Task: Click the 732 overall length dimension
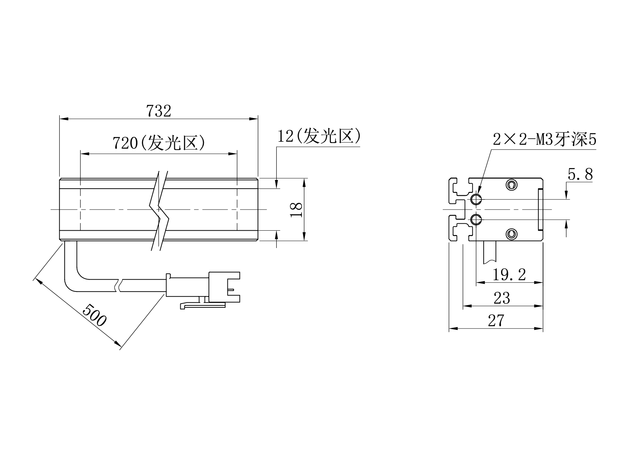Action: point(159,111)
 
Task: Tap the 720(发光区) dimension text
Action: point(159,143)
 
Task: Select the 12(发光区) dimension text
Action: point(319,136)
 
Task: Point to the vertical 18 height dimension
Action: point(297,209)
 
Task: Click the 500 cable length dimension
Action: point(94,315)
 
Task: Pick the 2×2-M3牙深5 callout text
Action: point(544,140)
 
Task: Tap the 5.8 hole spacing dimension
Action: point(580,175)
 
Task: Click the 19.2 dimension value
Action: point(509,275)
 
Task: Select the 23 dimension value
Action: point(502,298)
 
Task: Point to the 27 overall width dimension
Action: point(496,320)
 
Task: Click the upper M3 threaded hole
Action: point(476,199)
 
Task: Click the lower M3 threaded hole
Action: point(476,219)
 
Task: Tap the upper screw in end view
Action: point(511,185)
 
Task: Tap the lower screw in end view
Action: point(511,234)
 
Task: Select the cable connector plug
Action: point(203,288)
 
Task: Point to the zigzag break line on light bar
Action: point(159,210)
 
